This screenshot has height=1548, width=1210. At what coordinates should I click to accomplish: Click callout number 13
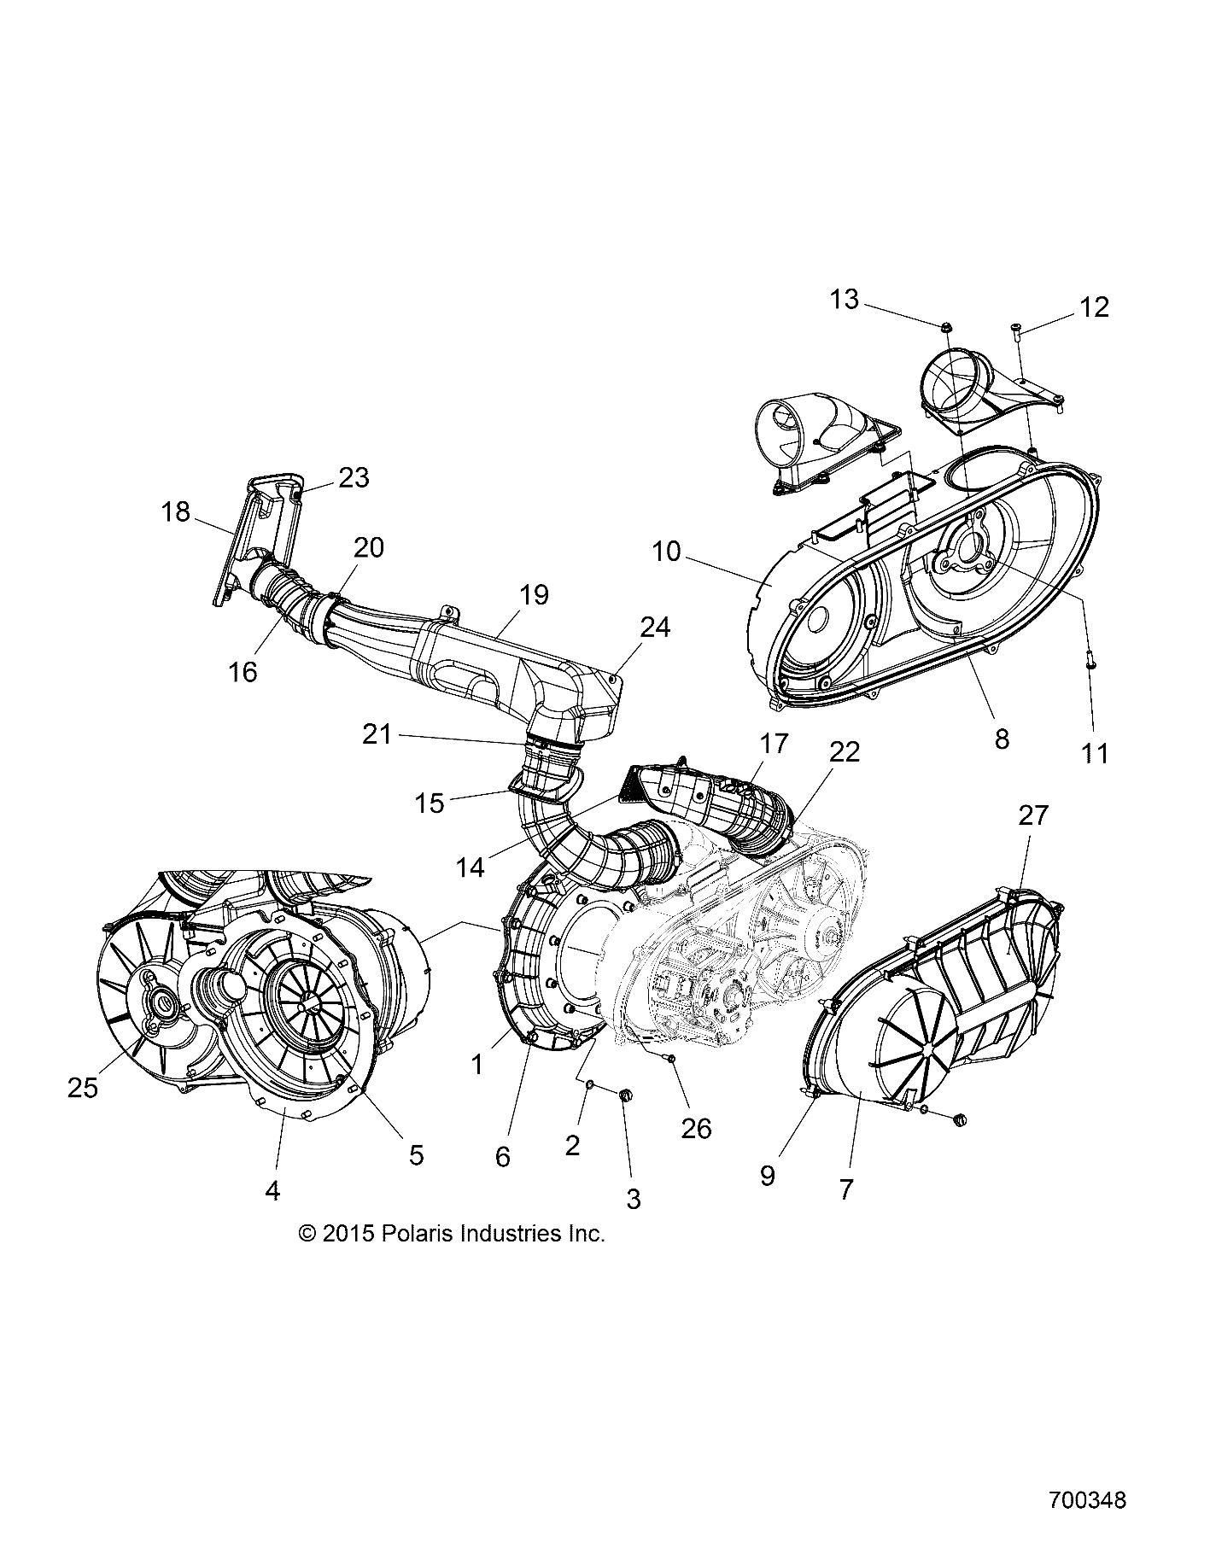click(844, 300)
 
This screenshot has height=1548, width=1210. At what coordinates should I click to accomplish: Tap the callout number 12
click(1094, 307)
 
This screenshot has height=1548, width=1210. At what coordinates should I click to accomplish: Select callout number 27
click(1032, 815)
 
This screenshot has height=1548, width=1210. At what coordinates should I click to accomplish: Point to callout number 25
click(83, 1087)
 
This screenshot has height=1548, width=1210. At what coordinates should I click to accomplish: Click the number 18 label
click(175, 512)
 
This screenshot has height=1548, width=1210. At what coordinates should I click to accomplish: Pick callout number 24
click(654, 628)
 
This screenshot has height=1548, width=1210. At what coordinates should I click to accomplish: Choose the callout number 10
click(666, 552)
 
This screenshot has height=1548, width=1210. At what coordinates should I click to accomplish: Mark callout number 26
click(696, 1128)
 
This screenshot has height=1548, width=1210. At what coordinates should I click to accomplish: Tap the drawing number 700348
click(1087, 1500)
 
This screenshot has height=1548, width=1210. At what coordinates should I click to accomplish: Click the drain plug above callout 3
click(624, 1095)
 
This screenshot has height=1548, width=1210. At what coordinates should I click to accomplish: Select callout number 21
click(377, 733)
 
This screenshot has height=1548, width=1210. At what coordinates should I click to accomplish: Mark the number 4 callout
click(272, 1189)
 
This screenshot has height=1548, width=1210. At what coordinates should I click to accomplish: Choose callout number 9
click(767, 1175)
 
